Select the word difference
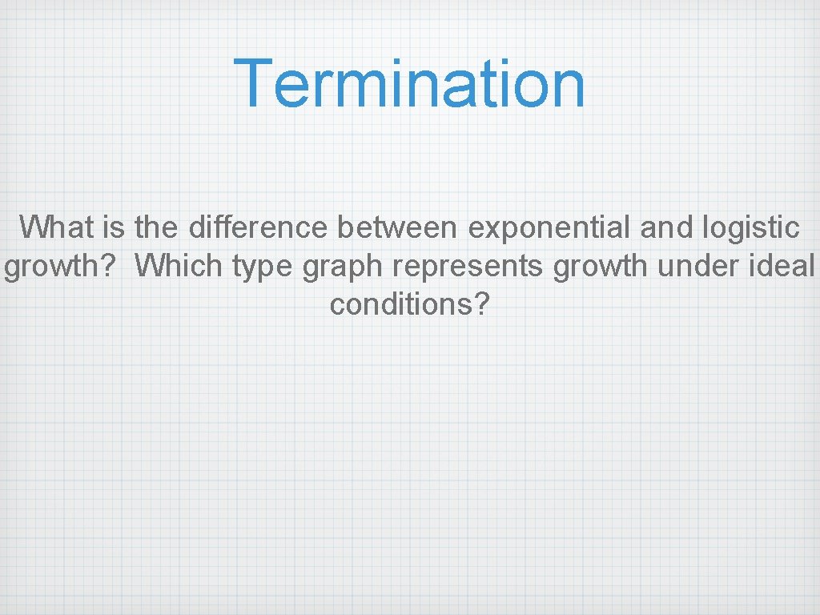pyautogui.click(x=258, y=227)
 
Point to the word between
pyautogui.click(x=397, y=227)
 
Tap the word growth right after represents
pyautogui.click(x=601, y=266)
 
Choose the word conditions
pyautogui.click(x=401, y=304)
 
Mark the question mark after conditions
pyautogui.click(x=480, y=304)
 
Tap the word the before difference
pyautogui.click(x=159, y=227)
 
